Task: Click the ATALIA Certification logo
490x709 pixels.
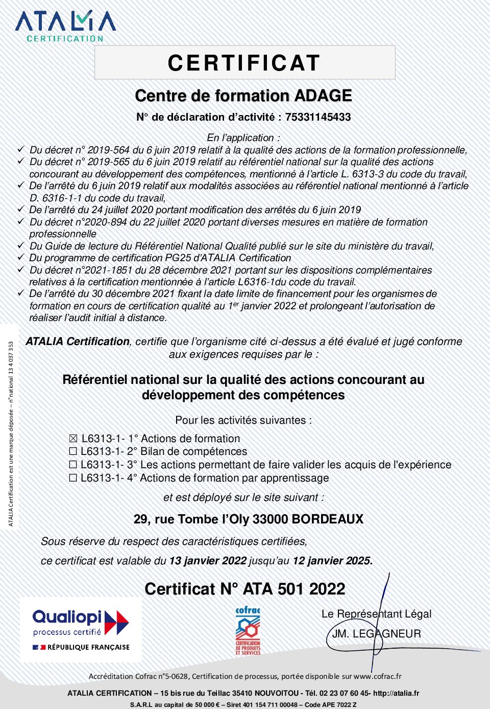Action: pos(65,26)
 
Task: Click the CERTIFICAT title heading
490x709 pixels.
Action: pos(244,63)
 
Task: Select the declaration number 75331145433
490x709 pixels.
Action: pos(317,117)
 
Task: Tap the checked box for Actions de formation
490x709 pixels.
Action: pos(73,439)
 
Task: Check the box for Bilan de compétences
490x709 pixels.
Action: pos(73,451)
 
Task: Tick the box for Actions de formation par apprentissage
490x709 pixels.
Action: pos(73,478)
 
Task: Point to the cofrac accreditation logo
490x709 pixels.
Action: pos(248,631)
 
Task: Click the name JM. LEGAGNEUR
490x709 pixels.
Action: pos(376,634)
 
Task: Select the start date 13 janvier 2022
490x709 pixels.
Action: pos(208,560)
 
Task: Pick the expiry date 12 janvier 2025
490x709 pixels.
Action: pos(332,560)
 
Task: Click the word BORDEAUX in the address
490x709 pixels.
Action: pos(327,519)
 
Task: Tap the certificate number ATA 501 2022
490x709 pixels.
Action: pos(294,589)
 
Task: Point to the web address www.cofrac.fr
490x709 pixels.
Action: pos(377,676)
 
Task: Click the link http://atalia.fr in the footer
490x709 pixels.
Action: pos(396,693)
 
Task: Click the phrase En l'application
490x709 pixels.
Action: pos(243,138)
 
